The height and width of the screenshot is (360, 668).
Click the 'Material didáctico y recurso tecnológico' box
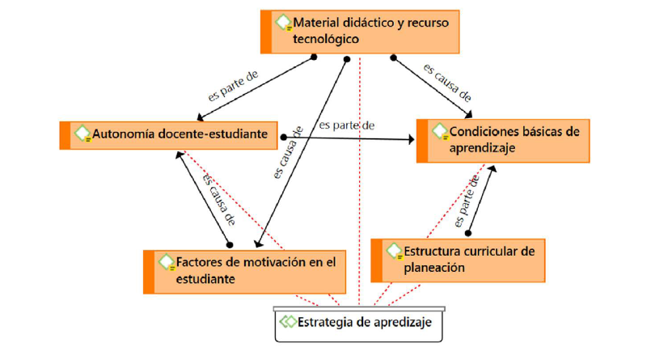click(361, 31)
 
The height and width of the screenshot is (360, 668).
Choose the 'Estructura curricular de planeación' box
click(456, 259)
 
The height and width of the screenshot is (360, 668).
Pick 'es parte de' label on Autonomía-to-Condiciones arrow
click(346, 125)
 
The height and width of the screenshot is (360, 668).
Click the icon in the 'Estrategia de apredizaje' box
click(288, 321)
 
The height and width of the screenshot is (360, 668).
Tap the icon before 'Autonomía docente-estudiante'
click(82, 134)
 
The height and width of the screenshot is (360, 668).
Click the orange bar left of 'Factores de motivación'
click(149, 271)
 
